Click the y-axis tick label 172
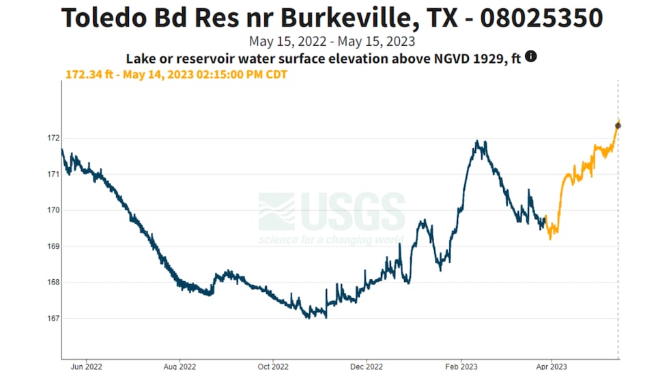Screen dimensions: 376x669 click(52, 138)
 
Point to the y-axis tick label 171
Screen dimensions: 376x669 click(52, 174)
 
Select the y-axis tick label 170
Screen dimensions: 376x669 click(52, 210)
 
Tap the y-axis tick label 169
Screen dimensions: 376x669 click(52, 246)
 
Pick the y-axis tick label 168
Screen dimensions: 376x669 click(52, 283)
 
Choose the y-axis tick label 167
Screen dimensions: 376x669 click(52, 319)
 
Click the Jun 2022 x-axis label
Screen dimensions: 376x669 click(86, 367)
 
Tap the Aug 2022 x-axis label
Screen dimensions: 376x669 click(180, 367)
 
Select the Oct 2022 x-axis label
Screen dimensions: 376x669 click(272, 367)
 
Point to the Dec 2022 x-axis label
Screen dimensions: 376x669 click(366, 367)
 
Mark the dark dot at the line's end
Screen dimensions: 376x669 click(618, 126)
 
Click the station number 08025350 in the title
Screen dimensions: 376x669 click(541, 17)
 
